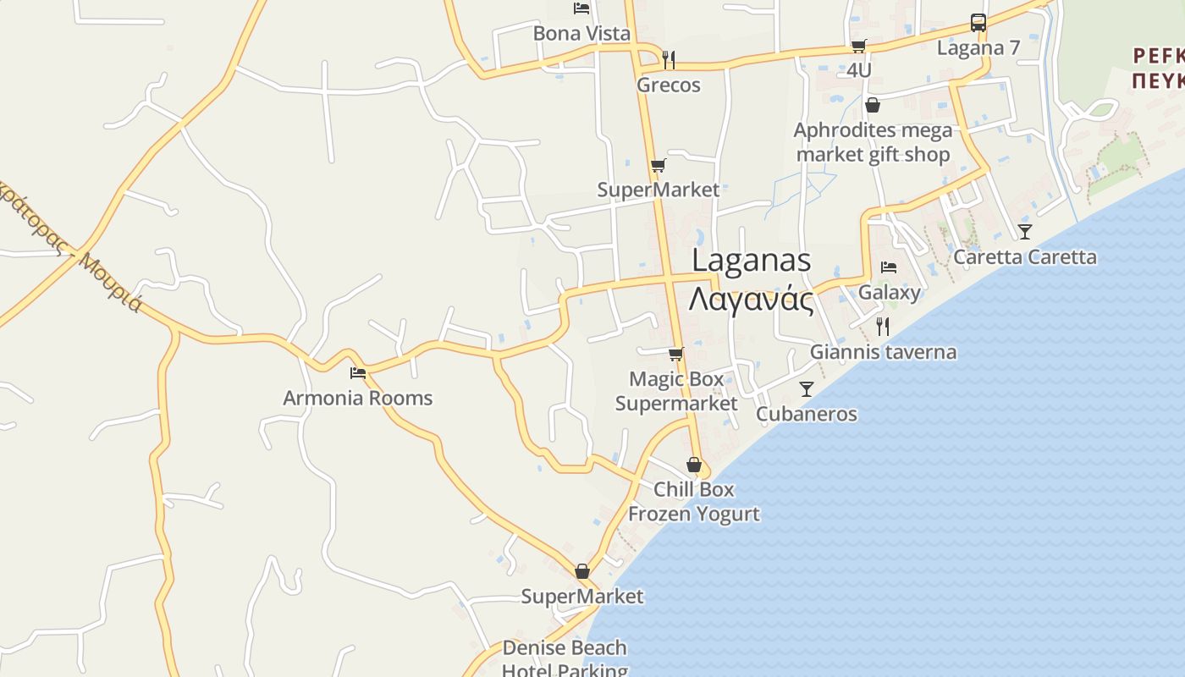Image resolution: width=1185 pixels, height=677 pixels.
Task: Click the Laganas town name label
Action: (x=752, y=279)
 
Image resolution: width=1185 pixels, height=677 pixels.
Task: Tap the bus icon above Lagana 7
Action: (x=978, y=23)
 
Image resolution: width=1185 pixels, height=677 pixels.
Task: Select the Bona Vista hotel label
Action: (x=581, y=34)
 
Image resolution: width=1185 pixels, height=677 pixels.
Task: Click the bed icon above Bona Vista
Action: (x=581, y=8)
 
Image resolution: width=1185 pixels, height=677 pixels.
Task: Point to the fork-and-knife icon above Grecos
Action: (x=669, y=59)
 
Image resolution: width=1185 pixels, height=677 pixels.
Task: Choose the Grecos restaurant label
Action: (x=669, y=85)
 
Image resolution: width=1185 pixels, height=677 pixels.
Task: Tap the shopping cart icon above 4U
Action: (x=858, y=46)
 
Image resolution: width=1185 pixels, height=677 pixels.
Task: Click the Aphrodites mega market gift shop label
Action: (x=873, y=142)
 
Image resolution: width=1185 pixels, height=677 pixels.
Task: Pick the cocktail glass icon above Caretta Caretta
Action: (x=1025, y=231)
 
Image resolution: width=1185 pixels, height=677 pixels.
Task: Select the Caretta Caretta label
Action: (x=1025, y=256)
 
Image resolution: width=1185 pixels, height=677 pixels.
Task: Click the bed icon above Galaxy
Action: (x=889, y=267)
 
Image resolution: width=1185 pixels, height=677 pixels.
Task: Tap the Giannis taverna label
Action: (x=883, y=352)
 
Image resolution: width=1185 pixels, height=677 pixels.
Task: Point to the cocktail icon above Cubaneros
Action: (x=806, y=388)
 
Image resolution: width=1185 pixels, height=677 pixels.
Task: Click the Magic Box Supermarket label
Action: (x=676, y=391)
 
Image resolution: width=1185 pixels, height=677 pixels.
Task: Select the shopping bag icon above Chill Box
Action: (x=694, y=465)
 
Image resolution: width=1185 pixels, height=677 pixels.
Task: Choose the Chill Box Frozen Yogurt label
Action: (x=694, y=502)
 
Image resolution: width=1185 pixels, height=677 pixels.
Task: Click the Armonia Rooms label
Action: (x=357, y=398)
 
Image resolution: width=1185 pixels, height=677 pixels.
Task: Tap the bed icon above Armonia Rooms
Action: (x=358, y=372)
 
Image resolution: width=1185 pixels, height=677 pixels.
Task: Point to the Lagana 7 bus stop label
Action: (x=978, y=47)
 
